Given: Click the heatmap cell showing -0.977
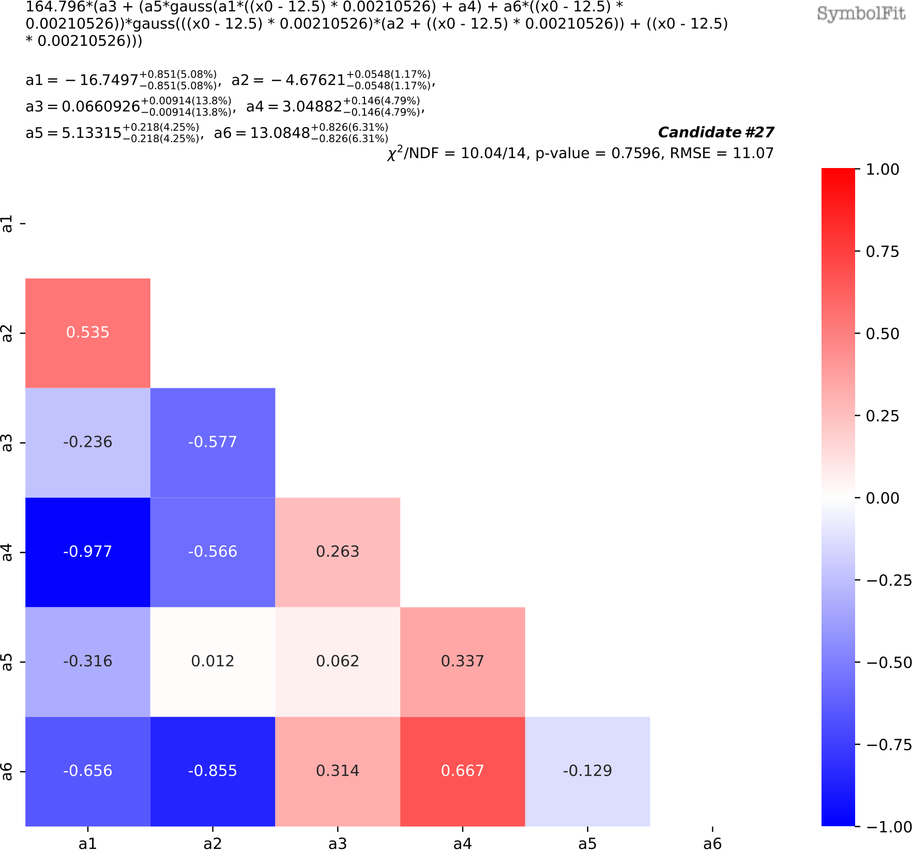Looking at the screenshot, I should pyautogui.click(x=87, y=552).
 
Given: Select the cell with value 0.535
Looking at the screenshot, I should pyautogui.click(x=87, y=332).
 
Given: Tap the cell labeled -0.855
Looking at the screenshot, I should pyautogui.click(x=212, y=771).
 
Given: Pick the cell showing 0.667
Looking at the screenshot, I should pyautogui.click(x=462, y=771).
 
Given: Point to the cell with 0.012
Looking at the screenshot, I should pyautogui.click(x=212, y=661).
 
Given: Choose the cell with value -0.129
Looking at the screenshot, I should pyautogui.click(x=587, y=771).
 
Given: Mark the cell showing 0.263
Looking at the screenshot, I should pyautogui.click(x=338, y=552).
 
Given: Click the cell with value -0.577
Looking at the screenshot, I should pyautogui.click(x=212, y=442).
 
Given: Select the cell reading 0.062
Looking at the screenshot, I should pyautogui.click(x=338, y=661).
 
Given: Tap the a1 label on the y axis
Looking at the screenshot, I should pyautogui.click(x=7, y=224).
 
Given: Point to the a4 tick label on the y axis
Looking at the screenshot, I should pyautogui.click(x=7, y=552).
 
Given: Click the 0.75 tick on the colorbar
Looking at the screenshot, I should pyautogui.click(x=883, y=252).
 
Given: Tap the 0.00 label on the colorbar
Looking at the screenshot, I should pyautogui.click(x=883, y=498).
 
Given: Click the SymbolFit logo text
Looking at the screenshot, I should pyautogui.click(x=861, y=13).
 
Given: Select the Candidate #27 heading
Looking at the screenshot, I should pyautogui.click(x=716, y=132).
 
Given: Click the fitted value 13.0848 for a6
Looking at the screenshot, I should pyautogui.click(x=280, y=133).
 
